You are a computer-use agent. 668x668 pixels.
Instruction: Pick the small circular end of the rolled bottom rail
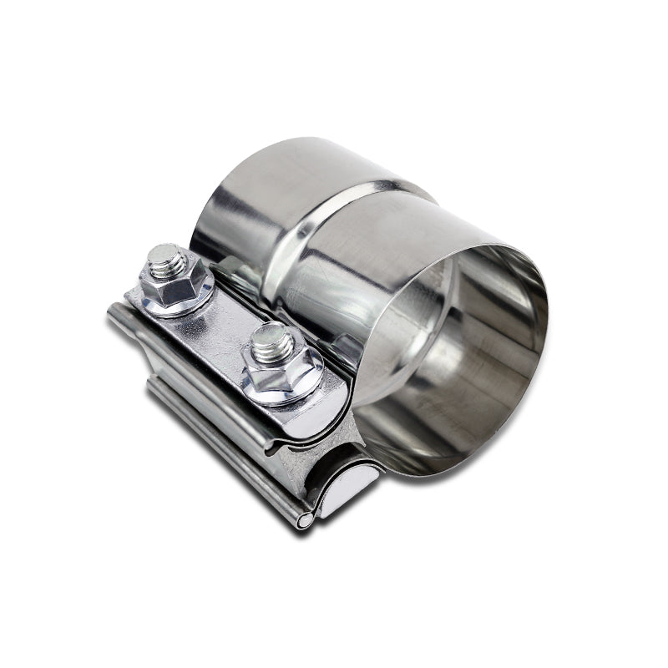click(306, 520)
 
